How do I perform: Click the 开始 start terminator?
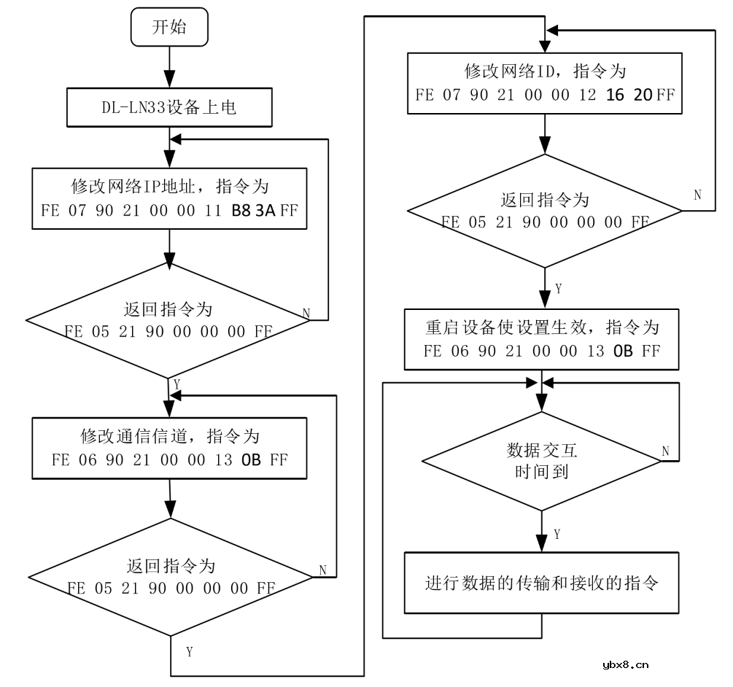[168, 28]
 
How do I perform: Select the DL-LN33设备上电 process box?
[168, 109]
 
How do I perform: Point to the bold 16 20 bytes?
[629, 95]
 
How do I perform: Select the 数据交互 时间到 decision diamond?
[541, 461]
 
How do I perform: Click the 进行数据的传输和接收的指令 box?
[541, 583]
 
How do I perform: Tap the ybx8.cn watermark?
[625, 664]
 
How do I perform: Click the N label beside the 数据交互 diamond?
[665, 451]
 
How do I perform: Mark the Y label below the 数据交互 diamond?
[557, 535]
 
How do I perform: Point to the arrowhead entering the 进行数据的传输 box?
[541, 544]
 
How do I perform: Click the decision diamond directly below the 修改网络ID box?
[544, 211]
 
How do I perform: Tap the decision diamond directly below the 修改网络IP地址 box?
[169, 319]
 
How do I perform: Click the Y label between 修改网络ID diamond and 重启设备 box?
[559, 289]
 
